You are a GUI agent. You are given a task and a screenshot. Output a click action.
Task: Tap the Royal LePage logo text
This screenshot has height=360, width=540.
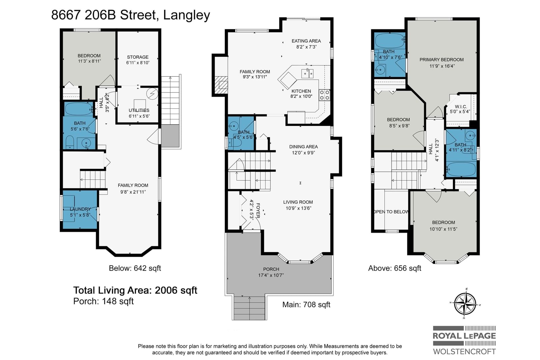pyautogui.click(x=464, y=336)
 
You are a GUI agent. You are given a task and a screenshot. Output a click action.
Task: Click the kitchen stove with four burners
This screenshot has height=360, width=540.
pyautogui.click(x=324, y=95)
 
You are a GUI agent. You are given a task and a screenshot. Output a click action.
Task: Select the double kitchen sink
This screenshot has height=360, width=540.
pyautogui.click(x=307, y=74)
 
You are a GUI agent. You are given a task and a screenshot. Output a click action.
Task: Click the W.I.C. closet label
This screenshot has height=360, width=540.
pyautogui.click(x=461, y=107)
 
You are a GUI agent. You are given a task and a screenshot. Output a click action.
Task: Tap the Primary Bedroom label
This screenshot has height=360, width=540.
pyautogui.click(x=441, y=59)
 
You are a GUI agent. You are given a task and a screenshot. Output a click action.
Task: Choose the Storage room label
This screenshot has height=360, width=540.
pyautogui.click(x=138, y=57)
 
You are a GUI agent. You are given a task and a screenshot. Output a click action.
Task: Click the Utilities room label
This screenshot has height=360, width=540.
pyautogui.click(x=139, y=110)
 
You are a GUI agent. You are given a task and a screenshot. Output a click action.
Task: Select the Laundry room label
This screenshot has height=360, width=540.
pyautogui.click(x=80, y=209)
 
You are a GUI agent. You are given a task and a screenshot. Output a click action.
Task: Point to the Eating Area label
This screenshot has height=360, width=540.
pyautogui.click(x=306, y=41)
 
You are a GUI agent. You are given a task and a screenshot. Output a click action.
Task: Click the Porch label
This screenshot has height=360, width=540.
pyautogui.click(x=271, y=269)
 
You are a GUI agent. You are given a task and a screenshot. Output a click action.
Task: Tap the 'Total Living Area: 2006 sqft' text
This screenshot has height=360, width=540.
pyautogui.click(x=135, y=290)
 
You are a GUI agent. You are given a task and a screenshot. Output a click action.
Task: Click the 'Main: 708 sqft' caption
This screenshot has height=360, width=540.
pyautogui.click(x=306, y=305)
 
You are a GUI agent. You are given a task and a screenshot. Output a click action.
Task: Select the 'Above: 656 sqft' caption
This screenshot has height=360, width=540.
pyautogui.click(x=395, y=268)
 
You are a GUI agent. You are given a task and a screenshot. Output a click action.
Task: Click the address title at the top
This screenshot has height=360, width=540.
pyautogui.click(x=130, y=16)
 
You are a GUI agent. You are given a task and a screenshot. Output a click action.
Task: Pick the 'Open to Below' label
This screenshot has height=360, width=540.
pyautogui.click(x=391, y=212)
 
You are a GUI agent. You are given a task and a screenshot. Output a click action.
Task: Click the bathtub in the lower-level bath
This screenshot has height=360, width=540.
pyautogui.click(x=79, y=109)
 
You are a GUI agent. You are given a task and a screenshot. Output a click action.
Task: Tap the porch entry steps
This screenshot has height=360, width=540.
pyautogui.click(x=249, y=308)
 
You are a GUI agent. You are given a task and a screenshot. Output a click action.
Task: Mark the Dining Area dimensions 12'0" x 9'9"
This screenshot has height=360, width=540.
pyautogui.click(x=303, y=153)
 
